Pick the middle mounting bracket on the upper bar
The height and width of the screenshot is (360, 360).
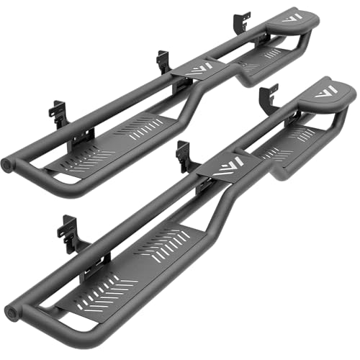(x=163, y=62)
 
